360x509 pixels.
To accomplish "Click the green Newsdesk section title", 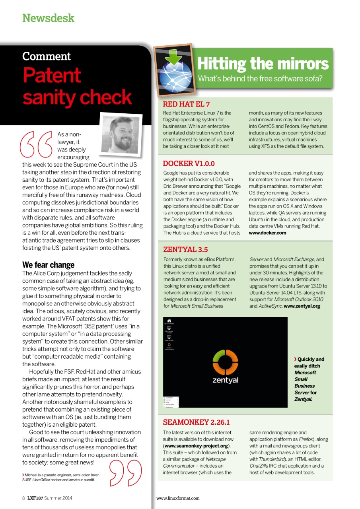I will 48,18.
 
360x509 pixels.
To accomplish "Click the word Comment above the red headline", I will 46,56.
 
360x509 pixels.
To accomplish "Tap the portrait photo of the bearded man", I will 121,134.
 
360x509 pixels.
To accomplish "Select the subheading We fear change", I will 48,265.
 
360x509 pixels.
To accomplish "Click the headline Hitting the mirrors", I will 263,64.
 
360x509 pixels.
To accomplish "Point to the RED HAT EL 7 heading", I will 186,105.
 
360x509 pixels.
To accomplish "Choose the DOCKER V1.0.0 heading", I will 189,163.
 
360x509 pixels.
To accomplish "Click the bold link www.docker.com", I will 267,233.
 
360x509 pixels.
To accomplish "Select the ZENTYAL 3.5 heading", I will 185,250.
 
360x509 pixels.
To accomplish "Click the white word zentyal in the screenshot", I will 225,380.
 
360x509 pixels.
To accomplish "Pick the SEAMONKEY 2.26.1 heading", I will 196,422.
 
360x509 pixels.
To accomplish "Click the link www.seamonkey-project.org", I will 197,446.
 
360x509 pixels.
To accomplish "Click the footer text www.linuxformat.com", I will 178,498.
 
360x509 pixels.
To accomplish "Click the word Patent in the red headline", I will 52,75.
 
